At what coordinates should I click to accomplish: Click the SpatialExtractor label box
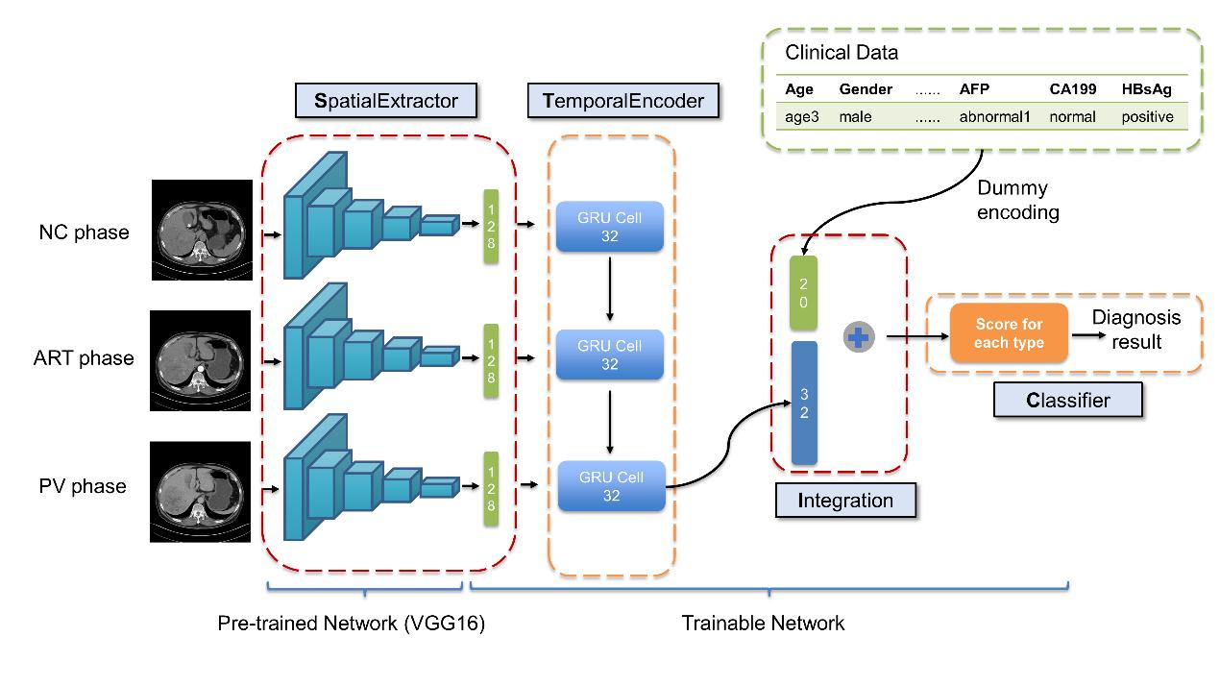(x=386, y=101)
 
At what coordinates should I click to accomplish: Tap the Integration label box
(x=845, y=501)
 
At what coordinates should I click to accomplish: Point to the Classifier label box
(x=1067, y=400)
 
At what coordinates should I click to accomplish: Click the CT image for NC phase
(x=201, y=231)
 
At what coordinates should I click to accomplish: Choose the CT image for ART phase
(x=201, y=360)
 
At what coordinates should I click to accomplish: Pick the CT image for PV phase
(x=201, y=492)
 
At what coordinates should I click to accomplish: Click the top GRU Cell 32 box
(x=609, y=227)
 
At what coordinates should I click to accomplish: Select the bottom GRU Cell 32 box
(x=611, y=486)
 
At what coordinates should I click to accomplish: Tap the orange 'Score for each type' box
(x=1009, y=334)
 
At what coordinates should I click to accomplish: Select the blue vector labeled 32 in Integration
(x=803, y=404)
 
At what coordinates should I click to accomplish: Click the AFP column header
(x=974, y=89)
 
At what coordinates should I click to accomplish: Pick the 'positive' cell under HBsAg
(x=1147, y=117)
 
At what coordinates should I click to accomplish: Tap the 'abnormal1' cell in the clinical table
(x=993, y=117)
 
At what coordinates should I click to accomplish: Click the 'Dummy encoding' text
(x=1017, y=200)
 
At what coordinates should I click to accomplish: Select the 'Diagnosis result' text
(x=1136, y=330)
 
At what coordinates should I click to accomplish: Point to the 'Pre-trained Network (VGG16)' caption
(x=352, y=624)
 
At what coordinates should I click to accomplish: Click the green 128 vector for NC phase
(x=491, y=226)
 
